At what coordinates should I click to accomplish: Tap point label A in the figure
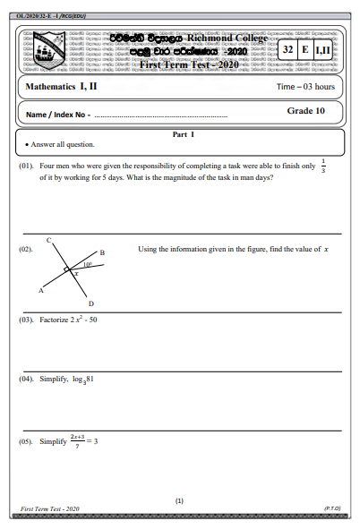tap(40, 291)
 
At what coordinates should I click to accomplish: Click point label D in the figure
tap(90, 303)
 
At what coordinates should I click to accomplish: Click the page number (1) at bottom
tap(179, 501)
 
